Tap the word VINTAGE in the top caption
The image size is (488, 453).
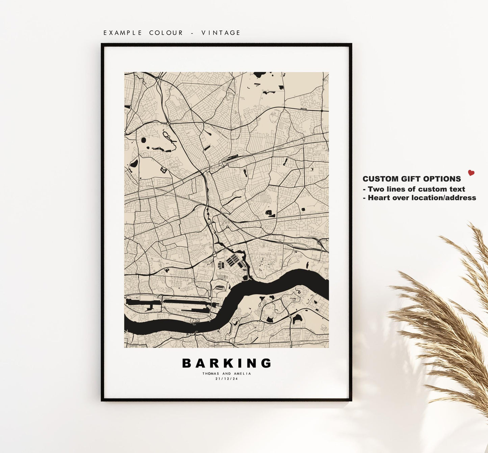point(221,33)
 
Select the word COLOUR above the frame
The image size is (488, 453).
point(166,33)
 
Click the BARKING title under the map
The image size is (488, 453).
point(227,363)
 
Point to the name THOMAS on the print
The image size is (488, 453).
point(211,374)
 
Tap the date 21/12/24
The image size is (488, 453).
point(227,379)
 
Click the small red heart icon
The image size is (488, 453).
point(471,173)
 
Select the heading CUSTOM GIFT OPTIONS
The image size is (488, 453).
point(412,179)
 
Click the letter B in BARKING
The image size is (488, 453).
point(187,363)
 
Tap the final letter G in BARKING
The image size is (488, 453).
point(266,363)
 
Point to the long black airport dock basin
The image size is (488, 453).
point(169,301)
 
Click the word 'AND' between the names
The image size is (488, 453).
point(227,374)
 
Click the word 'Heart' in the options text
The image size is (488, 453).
point(378,198)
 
